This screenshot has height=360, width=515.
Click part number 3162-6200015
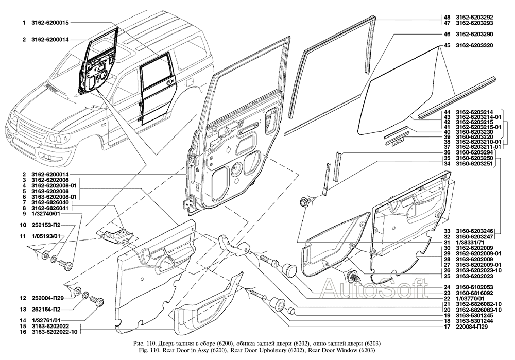tap(50, 23)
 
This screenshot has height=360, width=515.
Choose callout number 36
tap(447, 153)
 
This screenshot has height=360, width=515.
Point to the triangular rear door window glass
tap(407, 82)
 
